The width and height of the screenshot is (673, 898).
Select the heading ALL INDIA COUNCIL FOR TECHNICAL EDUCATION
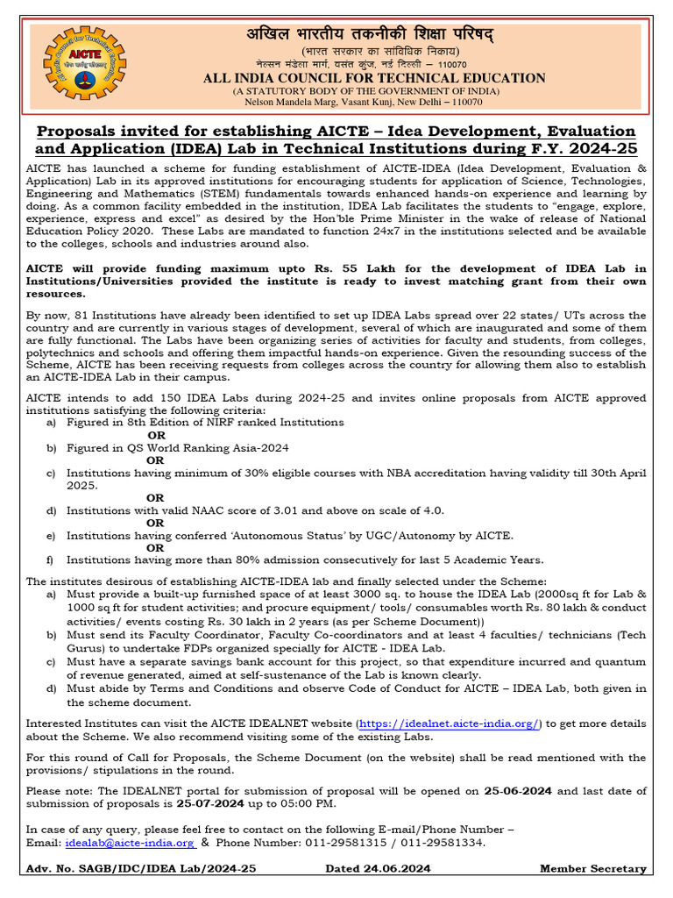coord(374,78)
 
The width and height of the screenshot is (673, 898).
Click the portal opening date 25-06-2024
coord(517,790)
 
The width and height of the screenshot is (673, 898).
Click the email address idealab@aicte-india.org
coord(130,843)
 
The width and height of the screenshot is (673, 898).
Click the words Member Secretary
coord(592,869)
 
